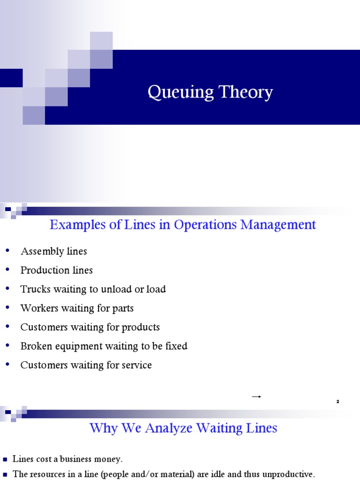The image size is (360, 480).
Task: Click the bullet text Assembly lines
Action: point(54,251)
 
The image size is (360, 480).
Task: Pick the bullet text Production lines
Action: point(57,270)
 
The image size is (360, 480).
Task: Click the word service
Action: point(135,365)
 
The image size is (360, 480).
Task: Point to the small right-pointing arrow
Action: point(256,397)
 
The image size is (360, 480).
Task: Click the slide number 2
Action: point(337,402)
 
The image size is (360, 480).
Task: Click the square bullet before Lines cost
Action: point(5,459)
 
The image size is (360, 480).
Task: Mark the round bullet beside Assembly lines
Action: point(7,251)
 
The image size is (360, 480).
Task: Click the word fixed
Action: point(177,346)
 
